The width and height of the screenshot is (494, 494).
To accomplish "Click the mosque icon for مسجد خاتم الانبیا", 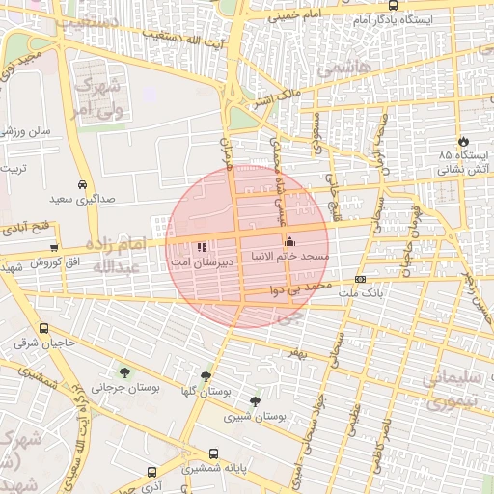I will coord(289,241).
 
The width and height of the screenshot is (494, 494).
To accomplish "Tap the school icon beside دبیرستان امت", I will coord(201,247).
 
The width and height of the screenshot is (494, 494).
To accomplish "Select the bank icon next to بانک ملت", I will coord(361,278).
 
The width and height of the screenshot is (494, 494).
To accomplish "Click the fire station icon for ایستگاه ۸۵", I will coord(464,140).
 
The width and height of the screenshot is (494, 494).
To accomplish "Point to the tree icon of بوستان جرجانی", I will coord(124,372).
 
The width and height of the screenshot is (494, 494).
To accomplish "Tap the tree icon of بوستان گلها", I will coord(206,376).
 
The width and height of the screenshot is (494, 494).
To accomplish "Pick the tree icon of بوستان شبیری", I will coord(255,400).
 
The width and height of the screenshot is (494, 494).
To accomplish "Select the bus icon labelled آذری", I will coord(151,473).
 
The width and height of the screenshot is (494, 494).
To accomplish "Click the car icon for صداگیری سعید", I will coord(82,183).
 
